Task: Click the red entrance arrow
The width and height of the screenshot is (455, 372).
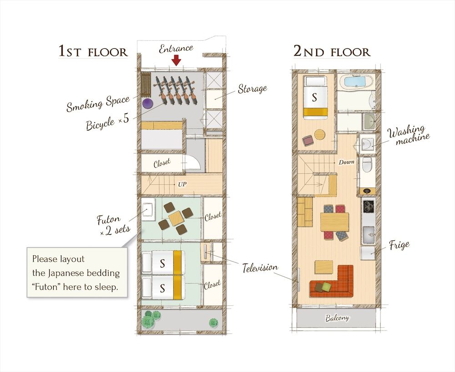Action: pos(176,60)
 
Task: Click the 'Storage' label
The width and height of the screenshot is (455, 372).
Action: pos(253,88)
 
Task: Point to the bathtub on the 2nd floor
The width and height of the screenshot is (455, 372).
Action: pos(357,83)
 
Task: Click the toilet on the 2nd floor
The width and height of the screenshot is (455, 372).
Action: pos(367,166)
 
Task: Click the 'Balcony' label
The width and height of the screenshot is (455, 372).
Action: pos(337,318)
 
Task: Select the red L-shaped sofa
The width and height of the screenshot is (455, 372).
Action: pos(334,283)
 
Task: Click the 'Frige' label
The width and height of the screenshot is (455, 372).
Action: pos(399,245)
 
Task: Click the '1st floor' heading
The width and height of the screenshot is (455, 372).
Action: pos(93,51)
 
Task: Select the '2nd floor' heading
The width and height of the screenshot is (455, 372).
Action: pos(332,51)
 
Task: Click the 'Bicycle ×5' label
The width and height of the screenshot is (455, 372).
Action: pos(108,122)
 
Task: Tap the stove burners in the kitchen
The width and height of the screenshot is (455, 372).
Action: pos(368,207)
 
